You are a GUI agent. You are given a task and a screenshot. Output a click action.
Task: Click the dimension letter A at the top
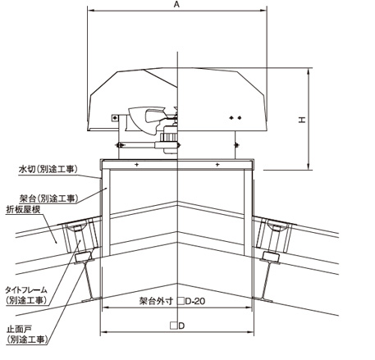tap(176, 4)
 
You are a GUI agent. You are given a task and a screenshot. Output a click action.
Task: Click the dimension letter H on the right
tap(302, 120)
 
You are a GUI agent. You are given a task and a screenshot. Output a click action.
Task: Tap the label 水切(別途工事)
tap(48, 169)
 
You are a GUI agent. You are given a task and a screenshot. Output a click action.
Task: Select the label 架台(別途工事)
tap(49, 198)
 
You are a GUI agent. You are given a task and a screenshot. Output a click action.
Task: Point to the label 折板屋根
tap(23, 209)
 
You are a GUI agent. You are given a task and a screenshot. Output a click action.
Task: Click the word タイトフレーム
tap(26, 289)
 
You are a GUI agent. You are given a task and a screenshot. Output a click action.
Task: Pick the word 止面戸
tap(19, 329)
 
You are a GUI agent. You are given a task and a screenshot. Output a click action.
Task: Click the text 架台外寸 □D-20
tap(172, 301)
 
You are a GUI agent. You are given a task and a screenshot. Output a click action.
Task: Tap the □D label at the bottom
tap(177, 326)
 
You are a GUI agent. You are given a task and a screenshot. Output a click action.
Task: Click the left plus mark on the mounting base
tap(136, 165)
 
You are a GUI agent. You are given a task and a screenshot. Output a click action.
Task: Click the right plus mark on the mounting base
tap(217, 165)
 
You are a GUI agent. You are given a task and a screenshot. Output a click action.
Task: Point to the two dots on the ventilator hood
tap(236, 118)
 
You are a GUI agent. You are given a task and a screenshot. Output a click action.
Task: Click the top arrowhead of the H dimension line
tap(309, 71)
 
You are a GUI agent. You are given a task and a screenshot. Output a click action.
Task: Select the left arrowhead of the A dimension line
tap(91, 11)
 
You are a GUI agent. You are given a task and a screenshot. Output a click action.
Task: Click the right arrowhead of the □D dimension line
tap(251, 332)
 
